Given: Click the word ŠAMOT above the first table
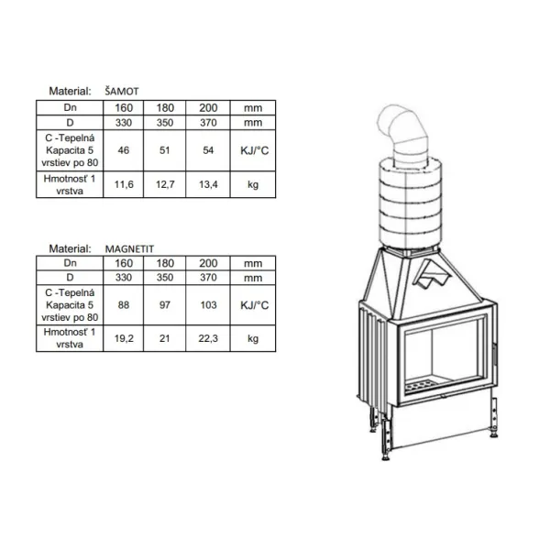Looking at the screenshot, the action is tap(122, 92).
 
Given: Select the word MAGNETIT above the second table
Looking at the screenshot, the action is tap(129, 249).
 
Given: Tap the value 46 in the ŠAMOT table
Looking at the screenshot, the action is tap(124, 150).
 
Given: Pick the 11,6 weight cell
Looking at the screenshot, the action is tap(124, 184).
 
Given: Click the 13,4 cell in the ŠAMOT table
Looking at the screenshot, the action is tap(208, 184).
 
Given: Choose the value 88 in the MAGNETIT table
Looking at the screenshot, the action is tap(124, 305).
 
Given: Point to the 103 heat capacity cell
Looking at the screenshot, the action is tap(208, 305).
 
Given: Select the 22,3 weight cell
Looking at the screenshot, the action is tap(208, 338).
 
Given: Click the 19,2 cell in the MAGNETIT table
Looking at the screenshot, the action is tap(124, 338).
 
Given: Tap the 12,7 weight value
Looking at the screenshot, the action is tap(165, 184).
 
